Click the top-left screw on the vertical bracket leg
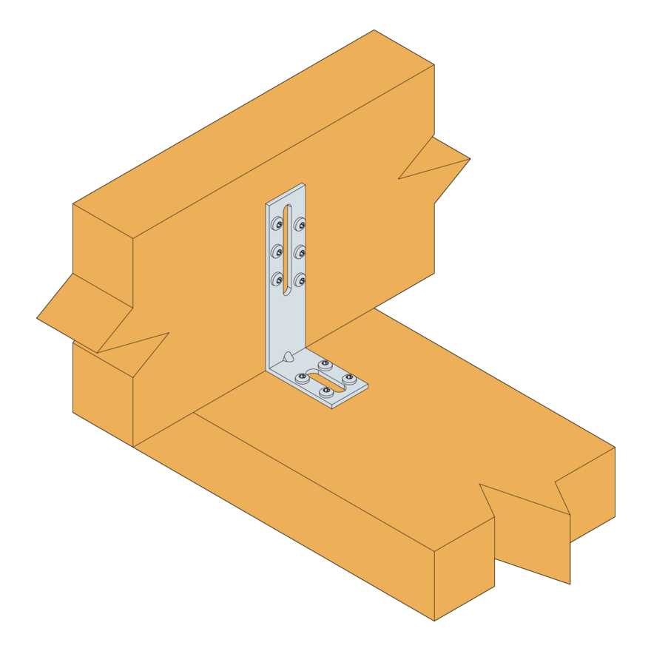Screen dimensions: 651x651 point(277,223)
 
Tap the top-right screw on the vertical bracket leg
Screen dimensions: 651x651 point(300,224)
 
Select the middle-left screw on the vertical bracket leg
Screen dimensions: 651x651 point(277,251)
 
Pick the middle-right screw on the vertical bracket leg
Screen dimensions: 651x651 point(300,252)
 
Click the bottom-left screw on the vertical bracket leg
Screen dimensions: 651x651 point(277,279)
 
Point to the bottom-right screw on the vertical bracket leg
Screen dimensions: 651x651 point(300,280)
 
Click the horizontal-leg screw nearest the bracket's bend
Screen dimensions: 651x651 point(302,378)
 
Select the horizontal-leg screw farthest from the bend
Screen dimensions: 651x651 point(349,379)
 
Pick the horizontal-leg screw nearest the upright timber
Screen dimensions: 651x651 point(325,365)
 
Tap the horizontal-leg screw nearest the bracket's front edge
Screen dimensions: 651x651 point(326,391)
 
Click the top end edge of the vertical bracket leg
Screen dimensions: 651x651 point(286,193)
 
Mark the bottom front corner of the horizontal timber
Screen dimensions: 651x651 point(434,620)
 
